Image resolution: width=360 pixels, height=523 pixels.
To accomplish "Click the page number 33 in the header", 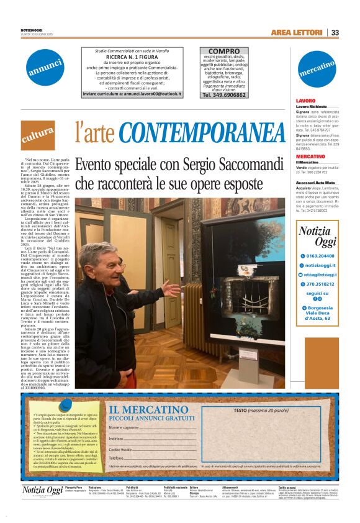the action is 335,32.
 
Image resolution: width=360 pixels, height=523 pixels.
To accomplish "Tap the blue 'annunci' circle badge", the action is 45,68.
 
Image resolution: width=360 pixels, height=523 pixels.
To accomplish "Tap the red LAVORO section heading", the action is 306,100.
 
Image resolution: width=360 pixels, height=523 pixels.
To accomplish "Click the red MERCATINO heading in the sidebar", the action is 311,156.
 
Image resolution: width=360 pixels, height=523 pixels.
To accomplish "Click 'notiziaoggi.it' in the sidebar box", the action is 321,265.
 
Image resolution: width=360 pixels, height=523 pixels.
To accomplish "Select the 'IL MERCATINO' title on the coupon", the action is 148,409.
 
